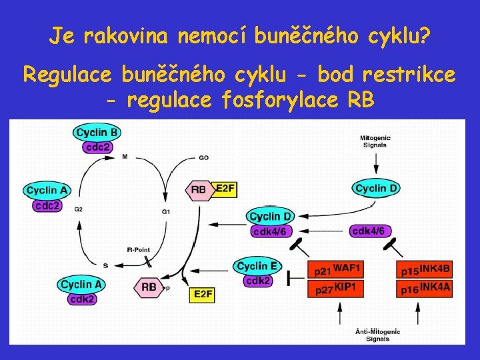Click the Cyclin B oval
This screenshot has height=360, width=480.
[97, 133]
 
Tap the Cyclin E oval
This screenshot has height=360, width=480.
[257, 266]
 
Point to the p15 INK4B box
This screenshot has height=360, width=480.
[425, 270]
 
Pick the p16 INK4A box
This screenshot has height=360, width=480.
[425, 288]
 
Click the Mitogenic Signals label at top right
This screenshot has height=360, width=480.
[375, 141]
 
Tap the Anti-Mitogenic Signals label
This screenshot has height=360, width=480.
[377, 334]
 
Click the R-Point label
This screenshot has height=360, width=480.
[139, 250]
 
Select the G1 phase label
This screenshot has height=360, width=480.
[166, 211]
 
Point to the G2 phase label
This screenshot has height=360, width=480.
[78, 209]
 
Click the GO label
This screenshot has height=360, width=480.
[204, 158]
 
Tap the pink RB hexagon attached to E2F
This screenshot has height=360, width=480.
[199, 189]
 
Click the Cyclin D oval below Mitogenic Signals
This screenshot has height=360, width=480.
[377, 189]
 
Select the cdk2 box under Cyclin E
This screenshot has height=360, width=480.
[258, 281]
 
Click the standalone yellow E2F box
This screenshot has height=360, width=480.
[203, 293]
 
